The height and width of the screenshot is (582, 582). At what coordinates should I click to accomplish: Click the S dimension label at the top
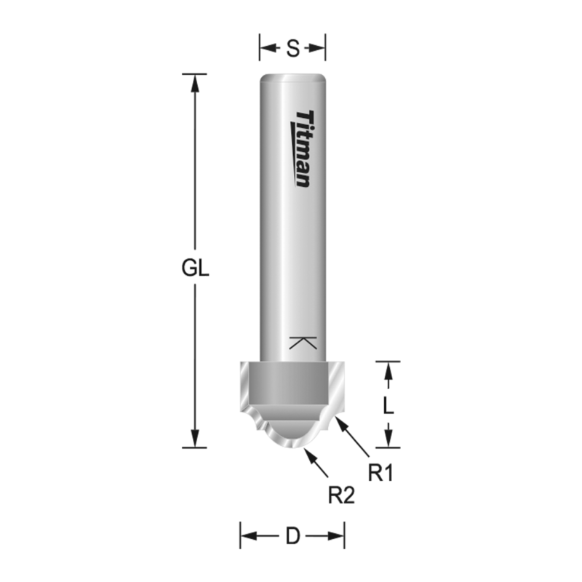click(x=292, y=49)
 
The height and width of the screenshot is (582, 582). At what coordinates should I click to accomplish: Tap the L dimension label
click(x=388, y=404)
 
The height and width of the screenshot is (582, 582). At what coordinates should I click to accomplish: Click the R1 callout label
click(x=380, y=474)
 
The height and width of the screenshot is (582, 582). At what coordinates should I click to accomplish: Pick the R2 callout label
click(x=341, y=496)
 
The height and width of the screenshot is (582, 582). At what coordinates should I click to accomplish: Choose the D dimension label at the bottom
click(x=292, y=537)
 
